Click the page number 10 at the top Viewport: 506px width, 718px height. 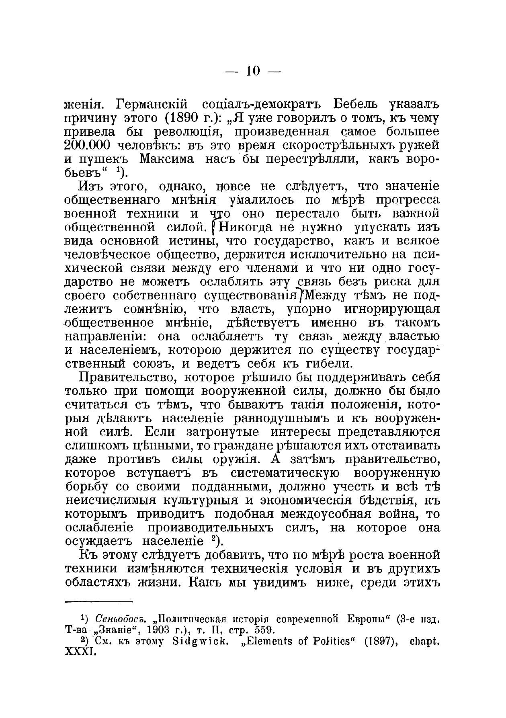253,71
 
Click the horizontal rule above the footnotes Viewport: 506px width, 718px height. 98,591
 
